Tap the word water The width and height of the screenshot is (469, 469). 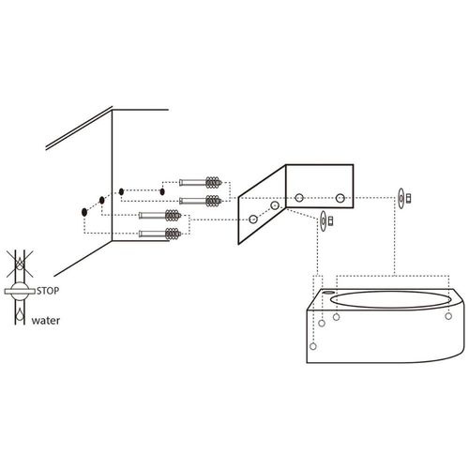click(x=47, y=320)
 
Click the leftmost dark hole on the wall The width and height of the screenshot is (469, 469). click(x=83, y=211)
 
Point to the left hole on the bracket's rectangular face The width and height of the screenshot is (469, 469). click(x=299, y=198)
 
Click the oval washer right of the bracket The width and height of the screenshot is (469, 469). click(x=401, y=197)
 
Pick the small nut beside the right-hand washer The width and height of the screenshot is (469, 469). click(x=410, y=197)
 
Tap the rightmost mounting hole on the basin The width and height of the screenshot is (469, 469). click(x=448, y=316)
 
